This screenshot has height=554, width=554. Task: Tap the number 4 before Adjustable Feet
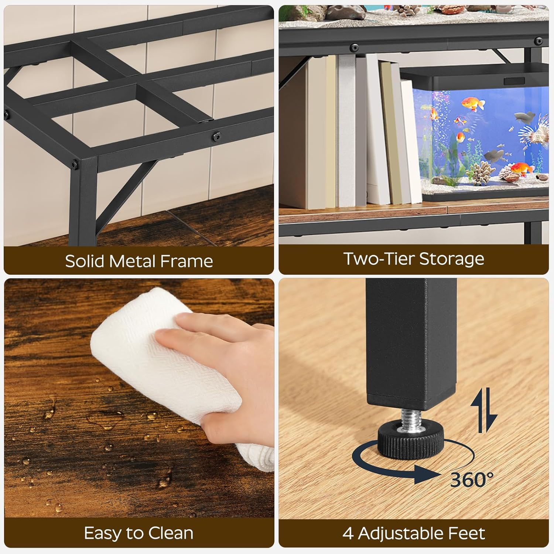point(348,533)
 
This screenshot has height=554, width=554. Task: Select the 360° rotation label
point(472,480)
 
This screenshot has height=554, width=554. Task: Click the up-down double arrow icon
point(484,410)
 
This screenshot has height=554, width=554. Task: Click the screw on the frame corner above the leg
point(76,163)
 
